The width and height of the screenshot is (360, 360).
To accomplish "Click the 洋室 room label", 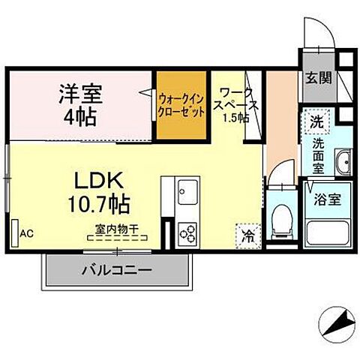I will pyautogui.click(x=82, y=95).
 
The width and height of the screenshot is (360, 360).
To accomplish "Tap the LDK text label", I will pyautogui.click(x=94, y=180).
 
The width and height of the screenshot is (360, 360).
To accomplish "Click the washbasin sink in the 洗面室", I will pyautogui.click(x=344, y=161).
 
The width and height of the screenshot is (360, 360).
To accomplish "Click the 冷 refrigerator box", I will pyautogui.click(x=247, y=235).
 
